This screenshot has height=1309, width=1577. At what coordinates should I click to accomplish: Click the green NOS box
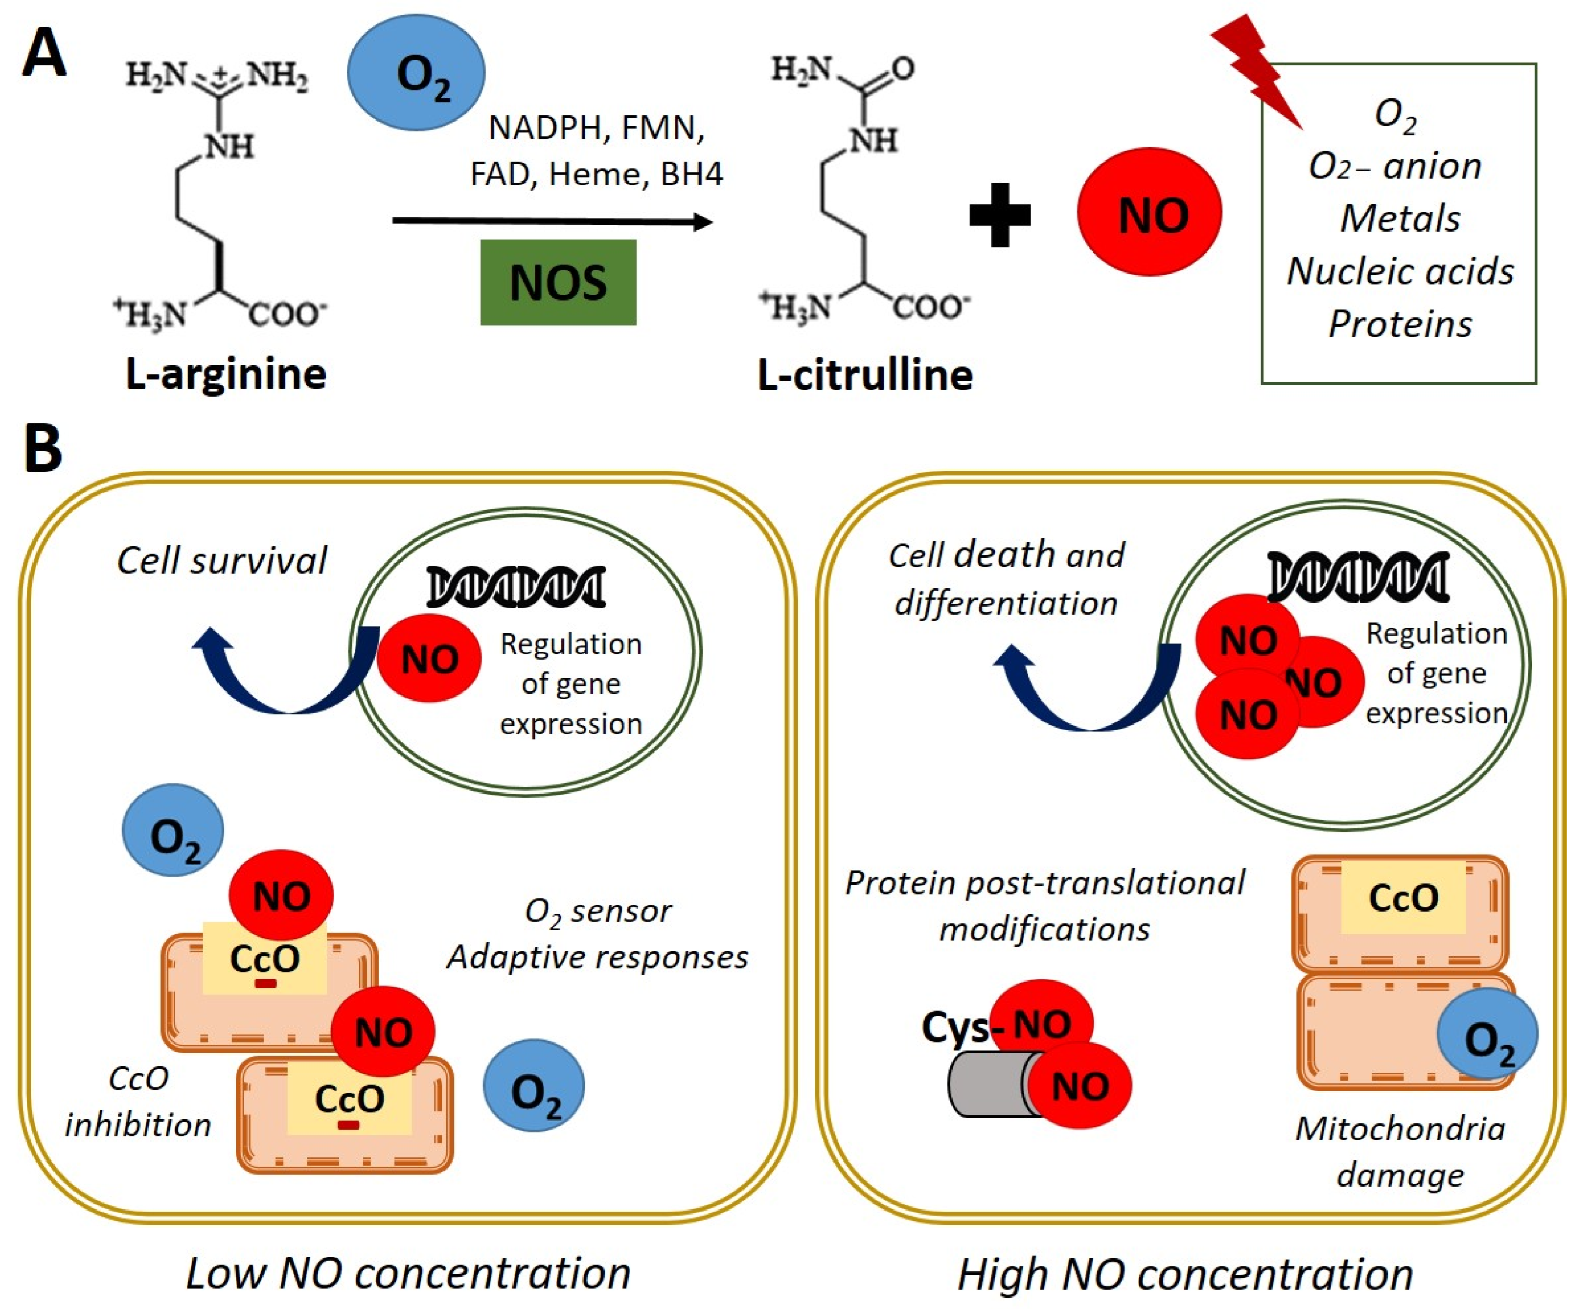[x=558, y=282]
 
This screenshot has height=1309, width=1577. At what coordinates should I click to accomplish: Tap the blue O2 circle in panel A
[x=416, y=73]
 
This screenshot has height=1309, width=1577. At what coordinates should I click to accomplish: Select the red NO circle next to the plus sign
[x=1149, y=212]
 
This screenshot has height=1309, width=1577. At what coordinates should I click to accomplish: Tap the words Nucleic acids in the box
[x=1400, y=271]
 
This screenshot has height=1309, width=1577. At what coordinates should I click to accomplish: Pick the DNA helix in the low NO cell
[x=516, y=587]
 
